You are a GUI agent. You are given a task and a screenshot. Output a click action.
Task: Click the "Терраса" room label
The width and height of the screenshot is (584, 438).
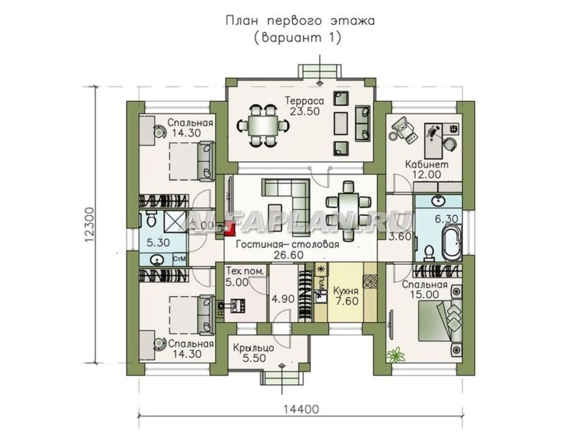pos(305,101)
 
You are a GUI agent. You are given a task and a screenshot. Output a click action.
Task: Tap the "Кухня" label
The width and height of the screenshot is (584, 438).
pos(346,291)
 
